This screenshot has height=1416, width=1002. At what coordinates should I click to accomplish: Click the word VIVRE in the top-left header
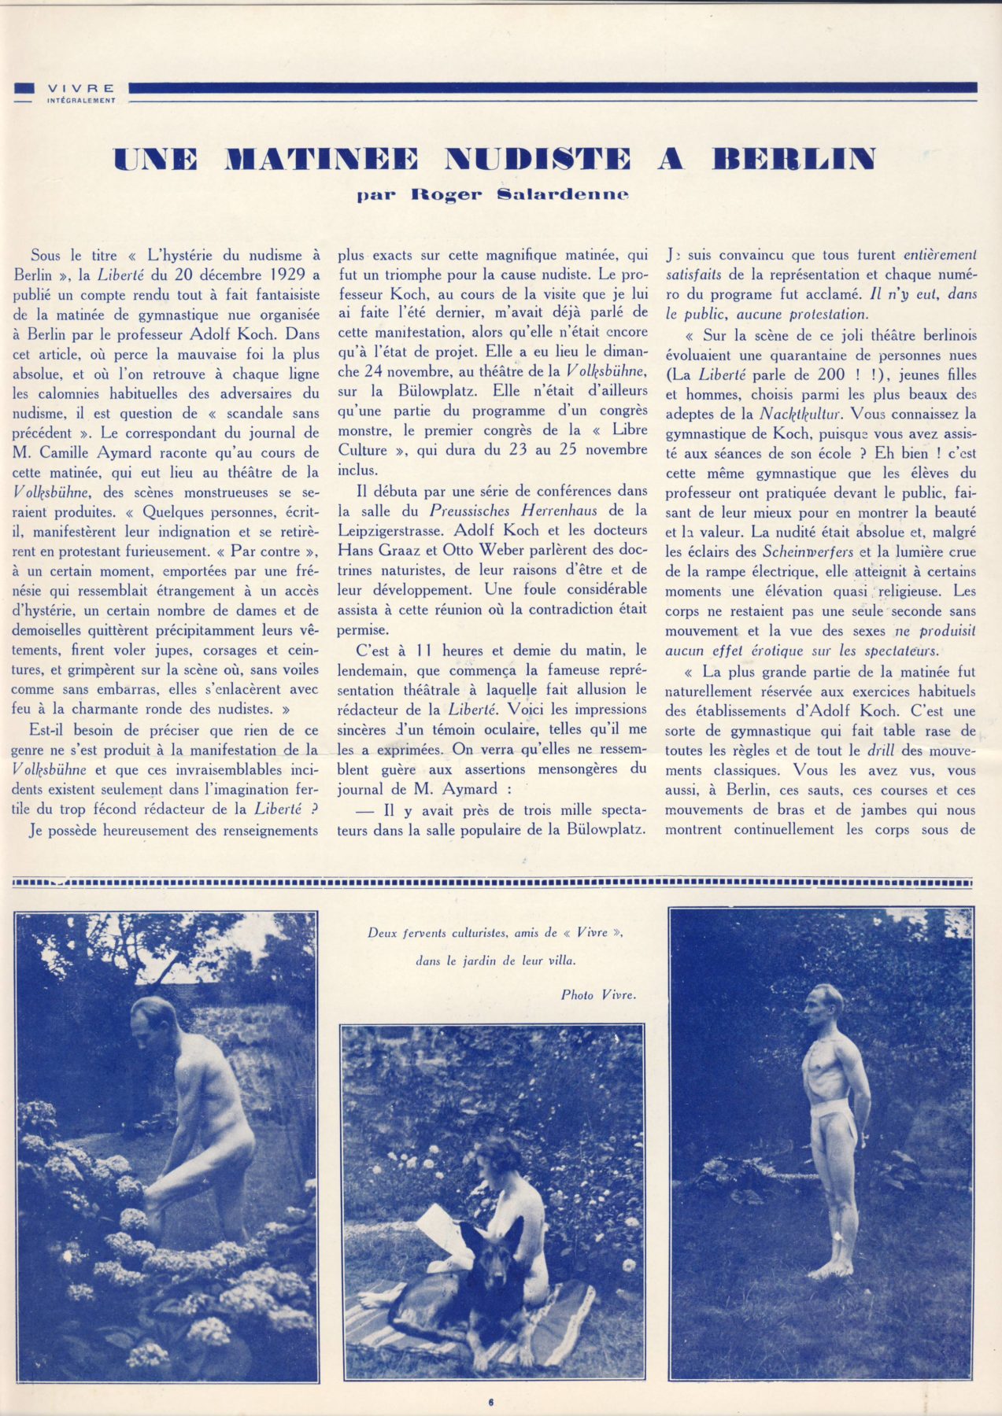pyautogui.click(x=80, y=88)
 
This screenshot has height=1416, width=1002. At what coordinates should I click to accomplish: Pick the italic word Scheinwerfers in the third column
pyautogui.click(x=808, y=552)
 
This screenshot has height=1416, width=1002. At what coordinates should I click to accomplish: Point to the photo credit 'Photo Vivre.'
pyautogui.click(x=598, y=995)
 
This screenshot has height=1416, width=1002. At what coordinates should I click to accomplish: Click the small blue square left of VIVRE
pyautogui.click(x=24, y=88)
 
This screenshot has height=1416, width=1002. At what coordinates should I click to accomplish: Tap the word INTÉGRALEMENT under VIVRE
pyautogui.click(x=80, y=101)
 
